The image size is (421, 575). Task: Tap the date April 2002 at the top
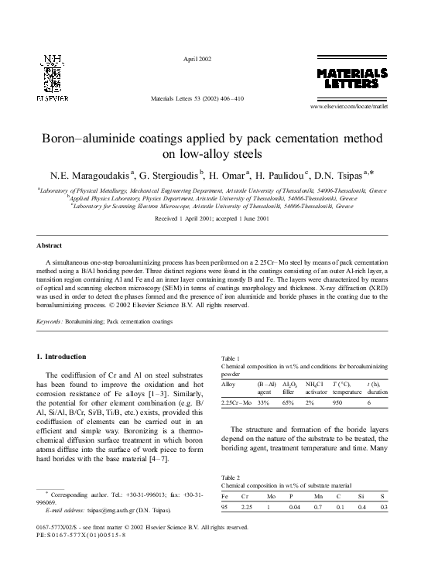click(197, 60)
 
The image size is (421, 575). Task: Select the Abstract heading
click(50, 245)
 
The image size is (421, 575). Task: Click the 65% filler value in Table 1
click(286, 403)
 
